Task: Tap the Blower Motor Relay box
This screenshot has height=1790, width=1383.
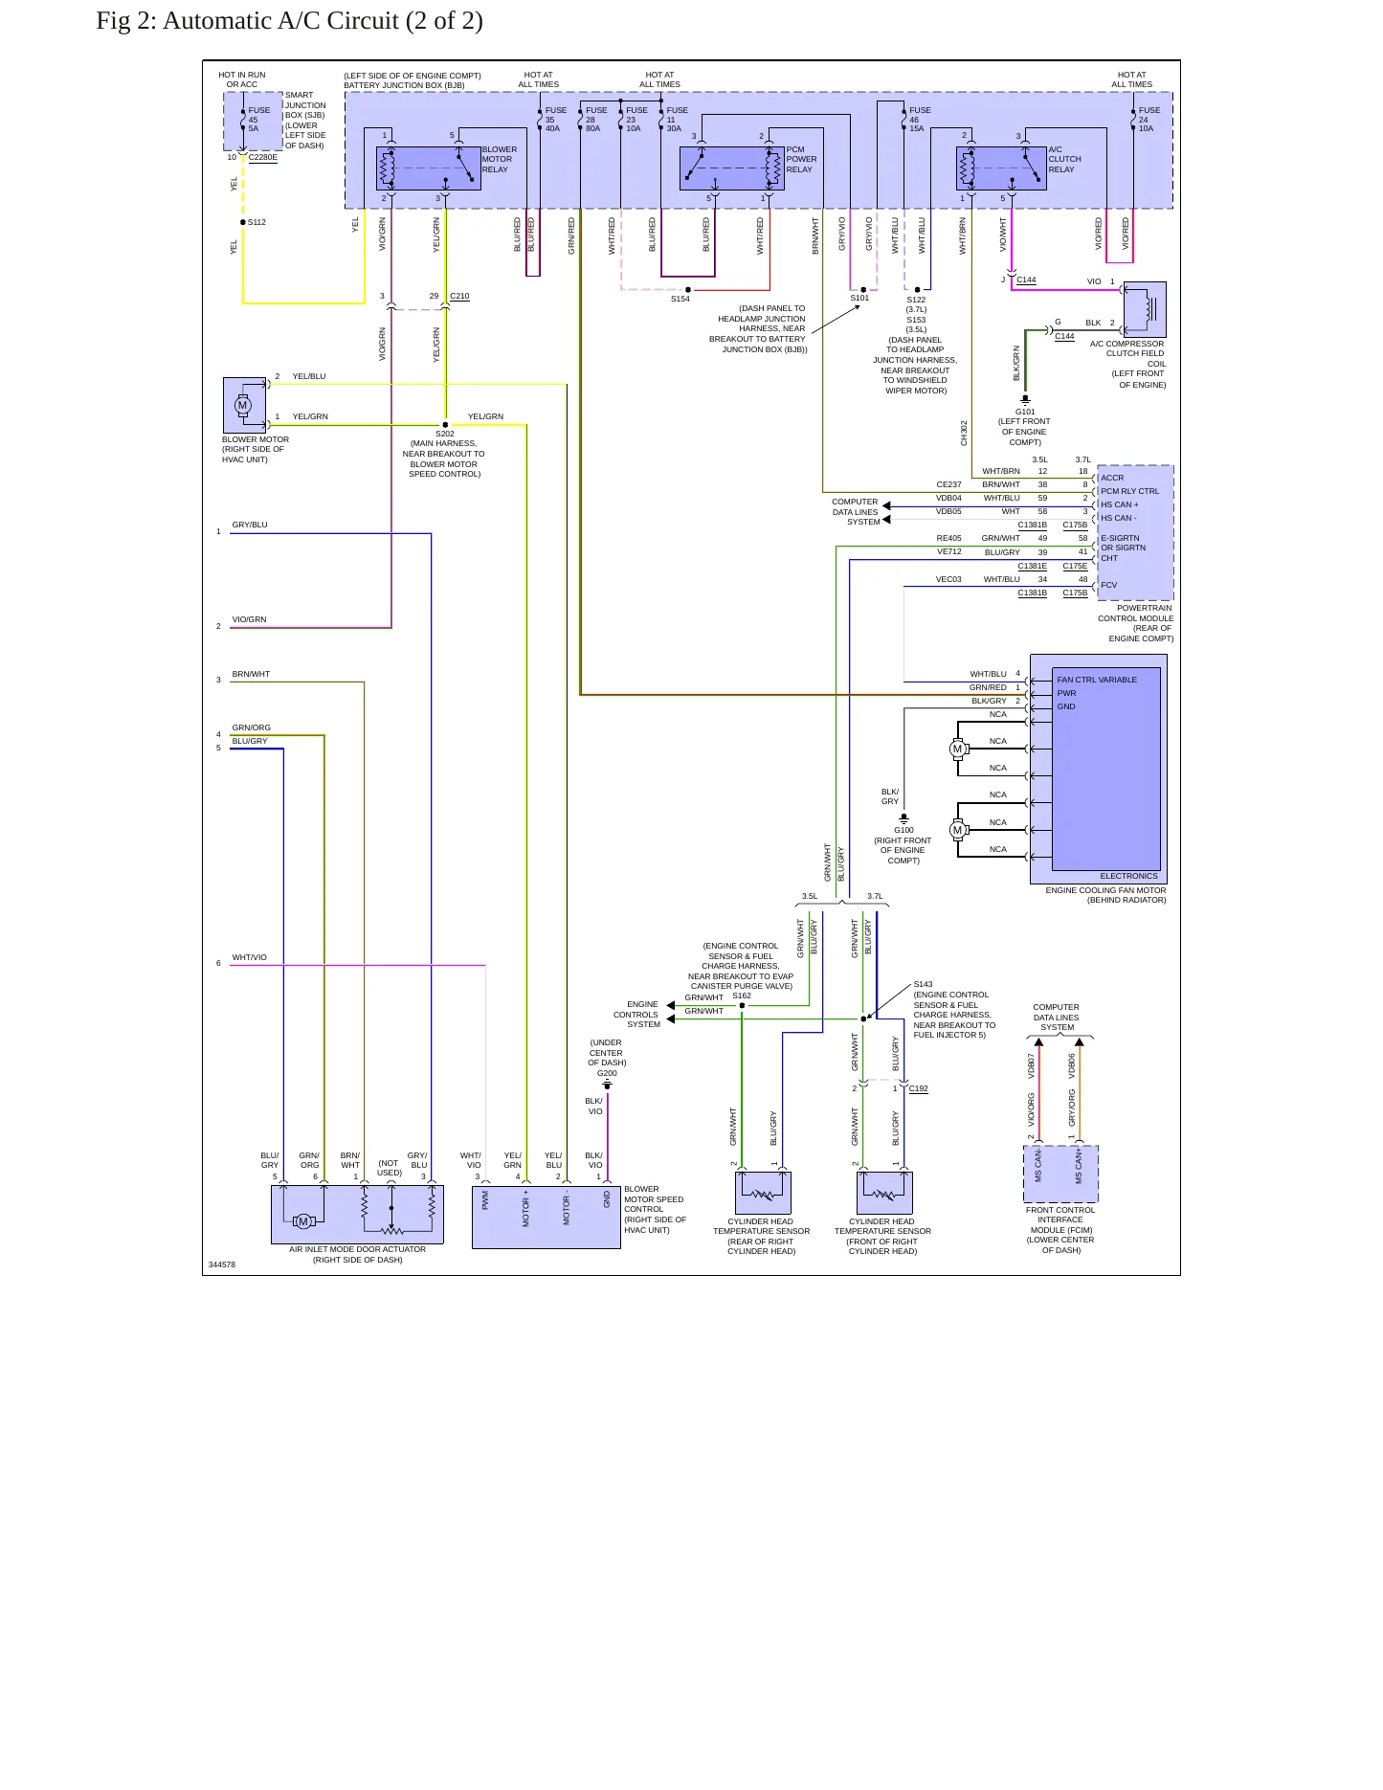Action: tap(428, 168)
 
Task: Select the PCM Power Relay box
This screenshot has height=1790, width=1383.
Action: tap(732, 168)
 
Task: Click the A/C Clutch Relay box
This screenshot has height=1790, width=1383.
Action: tap(1001, 168)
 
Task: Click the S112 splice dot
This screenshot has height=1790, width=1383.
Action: tap(243, 222)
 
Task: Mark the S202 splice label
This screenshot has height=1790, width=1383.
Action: tap(445, 434)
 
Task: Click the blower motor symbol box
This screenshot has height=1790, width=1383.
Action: tap(244, 405)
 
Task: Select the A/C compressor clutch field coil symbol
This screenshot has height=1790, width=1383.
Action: tap(1145, 309)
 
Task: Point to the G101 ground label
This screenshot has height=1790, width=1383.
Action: tap(1025, 412)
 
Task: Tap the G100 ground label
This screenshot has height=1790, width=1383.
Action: tap(903, 830)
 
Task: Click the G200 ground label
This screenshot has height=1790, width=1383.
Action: tap(607, 1073)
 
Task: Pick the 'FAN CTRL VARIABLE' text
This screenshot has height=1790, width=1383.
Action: tap(1097, 680)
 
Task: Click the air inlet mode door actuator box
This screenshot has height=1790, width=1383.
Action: tap(357, 1215)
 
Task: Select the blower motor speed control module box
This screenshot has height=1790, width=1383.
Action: tap(547, 1218)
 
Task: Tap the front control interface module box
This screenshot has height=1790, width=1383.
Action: tap(1060, 1174)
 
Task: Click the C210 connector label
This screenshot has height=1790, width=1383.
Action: tap(459, 296)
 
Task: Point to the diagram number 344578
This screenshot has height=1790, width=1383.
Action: tap(222, 1264)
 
